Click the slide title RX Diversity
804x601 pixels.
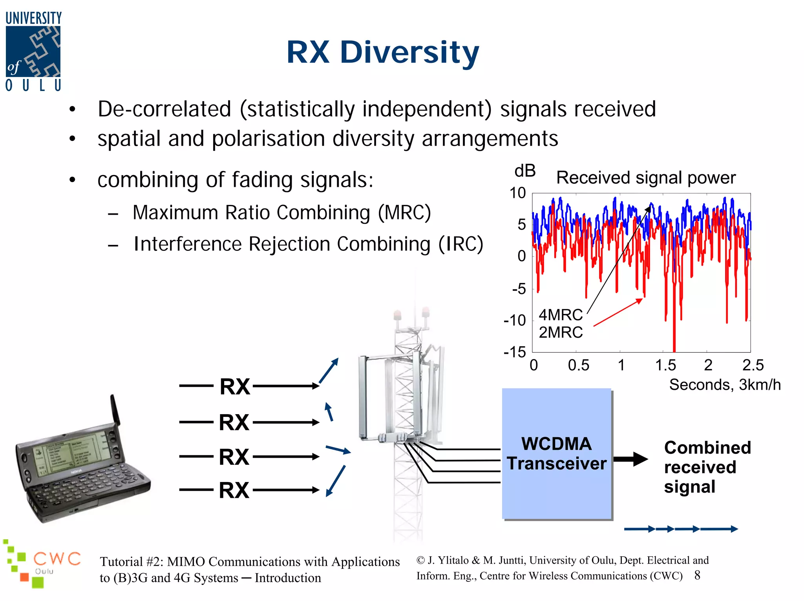click(x=383, y=52)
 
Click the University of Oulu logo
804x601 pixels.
click(x=33, y=51)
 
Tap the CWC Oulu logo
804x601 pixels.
click(x=41, y=563)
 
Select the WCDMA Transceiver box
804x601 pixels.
click(x=557, y=454)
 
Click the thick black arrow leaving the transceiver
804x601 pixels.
click(x=630, y=459)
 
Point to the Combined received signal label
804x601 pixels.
click(x=707, y=467)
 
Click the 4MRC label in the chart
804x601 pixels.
click(x=560, y=315)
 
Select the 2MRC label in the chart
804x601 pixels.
click(x=560, y=332)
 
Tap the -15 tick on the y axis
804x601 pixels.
click(x=515, y=352)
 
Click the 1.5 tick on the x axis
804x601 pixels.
click(x=665, y=365)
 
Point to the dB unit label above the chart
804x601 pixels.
click(x=525, y=171)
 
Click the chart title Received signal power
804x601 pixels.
click(x=646, y=178)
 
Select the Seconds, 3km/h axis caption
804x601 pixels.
click(x=725, y=385)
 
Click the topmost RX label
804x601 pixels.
click(x=235, y=387)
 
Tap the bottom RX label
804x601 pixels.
click(x=234, y=490)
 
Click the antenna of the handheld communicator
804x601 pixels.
click(x=115, y=410)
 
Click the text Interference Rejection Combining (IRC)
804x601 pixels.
click(x=308, y=244)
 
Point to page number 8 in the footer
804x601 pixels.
click(x=697, y=575)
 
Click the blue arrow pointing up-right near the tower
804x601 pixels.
click(x=329, y=371)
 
